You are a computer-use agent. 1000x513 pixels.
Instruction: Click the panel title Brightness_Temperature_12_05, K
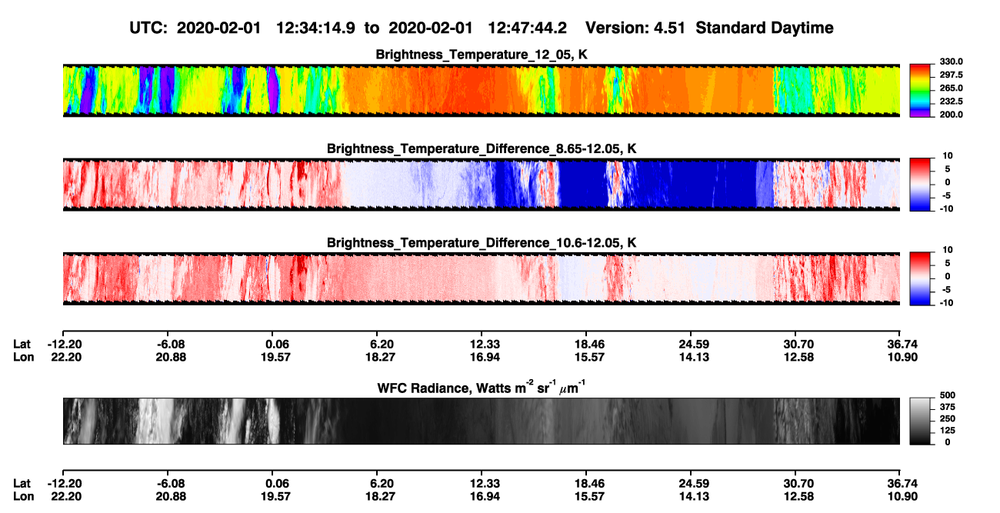482,55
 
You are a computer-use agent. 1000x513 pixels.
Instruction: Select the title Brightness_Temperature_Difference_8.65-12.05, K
482,148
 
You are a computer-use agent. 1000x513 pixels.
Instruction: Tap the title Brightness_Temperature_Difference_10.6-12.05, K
482,243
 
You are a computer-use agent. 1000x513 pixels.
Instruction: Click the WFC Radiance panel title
482,388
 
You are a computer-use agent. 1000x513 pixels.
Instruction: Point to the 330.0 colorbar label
951,62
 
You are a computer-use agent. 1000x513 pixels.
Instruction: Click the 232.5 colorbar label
951,102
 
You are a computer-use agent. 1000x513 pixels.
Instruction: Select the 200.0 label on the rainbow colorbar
951,115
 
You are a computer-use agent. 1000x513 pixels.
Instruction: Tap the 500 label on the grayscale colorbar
948,395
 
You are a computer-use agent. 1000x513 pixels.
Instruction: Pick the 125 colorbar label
948,431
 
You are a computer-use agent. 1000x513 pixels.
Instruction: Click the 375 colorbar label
948,407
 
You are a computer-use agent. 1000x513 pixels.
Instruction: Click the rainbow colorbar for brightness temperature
920,91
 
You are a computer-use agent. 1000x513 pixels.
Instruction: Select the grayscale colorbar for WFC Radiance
920,421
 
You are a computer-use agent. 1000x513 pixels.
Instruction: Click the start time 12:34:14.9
315,28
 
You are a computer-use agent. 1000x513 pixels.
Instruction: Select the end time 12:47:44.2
527,28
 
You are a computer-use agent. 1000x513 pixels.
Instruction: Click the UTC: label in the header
148,28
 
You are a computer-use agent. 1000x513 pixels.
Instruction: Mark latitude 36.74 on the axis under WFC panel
902,484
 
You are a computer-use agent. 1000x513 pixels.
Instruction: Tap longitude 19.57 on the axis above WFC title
276,358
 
